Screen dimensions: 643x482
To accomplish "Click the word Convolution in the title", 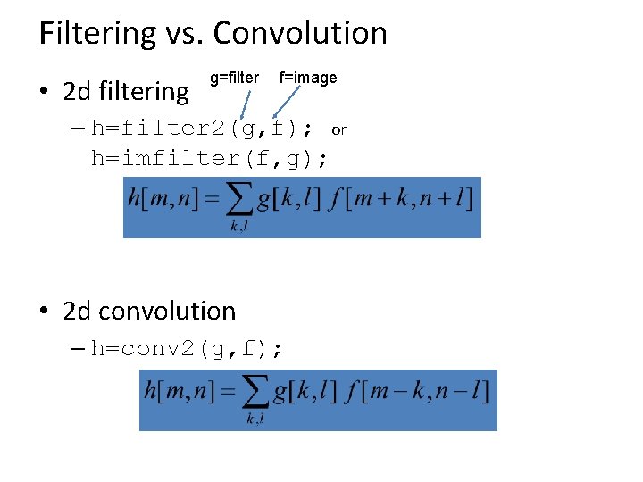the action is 300,34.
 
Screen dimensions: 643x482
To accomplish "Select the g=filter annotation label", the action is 234,78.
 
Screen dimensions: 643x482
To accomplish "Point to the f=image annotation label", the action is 308,78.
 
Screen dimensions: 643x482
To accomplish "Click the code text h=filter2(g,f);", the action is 202,129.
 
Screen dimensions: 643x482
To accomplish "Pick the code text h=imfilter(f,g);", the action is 210,159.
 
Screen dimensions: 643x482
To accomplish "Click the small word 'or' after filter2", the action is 338,130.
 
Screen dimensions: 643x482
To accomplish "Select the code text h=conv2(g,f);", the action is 187,349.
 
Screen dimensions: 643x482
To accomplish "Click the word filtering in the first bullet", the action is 144,91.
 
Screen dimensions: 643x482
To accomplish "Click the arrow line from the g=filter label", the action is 241,103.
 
